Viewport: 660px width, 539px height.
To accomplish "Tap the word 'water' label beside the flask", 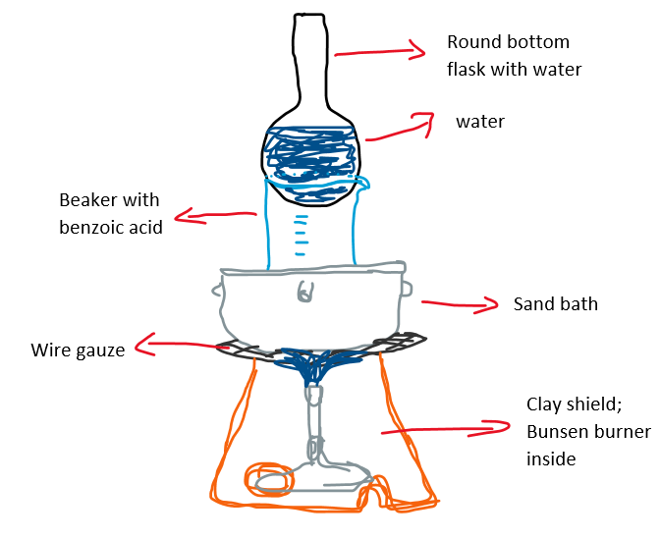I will point(480,123).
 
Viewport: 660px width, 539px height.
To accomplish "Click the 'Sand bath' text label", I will point(555,303).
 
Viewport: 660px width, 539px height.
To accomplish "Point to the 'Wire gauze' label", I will point(78,350).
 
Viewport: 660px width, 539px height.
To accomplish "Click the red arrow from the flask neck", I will point(378,50).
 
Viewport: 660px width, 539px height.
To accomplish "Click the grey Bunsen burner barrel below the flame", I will point(313,422).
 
